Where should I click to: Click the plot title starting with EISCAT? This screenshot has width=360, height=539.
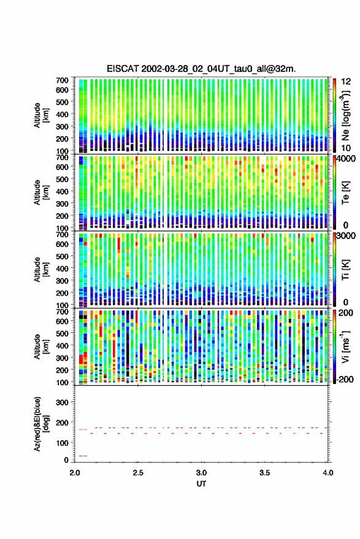pos(201,69)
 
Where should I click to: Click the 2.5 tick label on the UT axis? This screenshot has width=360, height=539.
pos(138,473)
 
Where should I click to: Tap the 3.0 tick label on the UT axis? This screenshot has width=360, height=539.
pos(201,473)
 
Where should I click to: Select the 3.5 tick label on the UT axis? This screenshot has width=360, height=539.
pos(264,473)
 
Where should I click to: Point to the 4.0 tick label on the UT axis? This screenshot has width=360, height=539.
pos(327,473)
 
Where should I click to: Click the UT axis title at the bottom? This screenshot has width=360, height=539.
pos(201,484)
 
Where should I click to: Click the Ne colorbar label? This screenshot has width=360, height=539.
pos(346,115)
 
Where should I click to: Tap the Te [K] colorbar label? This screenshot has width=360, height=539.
pos(346,193)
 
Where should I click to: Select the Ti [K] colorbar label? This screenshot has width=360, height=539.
pos(346,270)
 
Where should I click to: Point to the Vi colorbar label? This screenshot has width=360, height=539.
pos(346,346)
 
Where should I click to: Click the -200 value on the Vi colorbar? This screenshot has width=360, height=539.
pos(345,379)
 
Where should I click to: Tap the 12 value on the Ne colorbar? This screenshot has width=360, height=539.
pos(346,82)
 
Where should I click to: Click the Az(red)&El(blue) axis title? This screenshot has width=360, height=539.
pos(40,424)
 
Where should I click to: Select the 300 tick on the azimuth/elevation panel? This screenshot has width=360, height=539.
pos(63,402)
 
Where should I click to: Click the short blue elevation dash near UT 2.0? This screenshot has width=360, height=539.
pos(83,456)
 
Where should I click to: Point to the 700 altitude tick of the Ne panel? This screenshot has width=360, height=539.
pos(62,80)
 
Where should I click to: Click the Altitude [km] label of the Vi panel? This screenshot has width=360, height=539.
pos(40,346)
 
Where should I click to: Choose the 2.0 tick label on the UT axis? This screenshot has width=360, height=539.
pos(75,473)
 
